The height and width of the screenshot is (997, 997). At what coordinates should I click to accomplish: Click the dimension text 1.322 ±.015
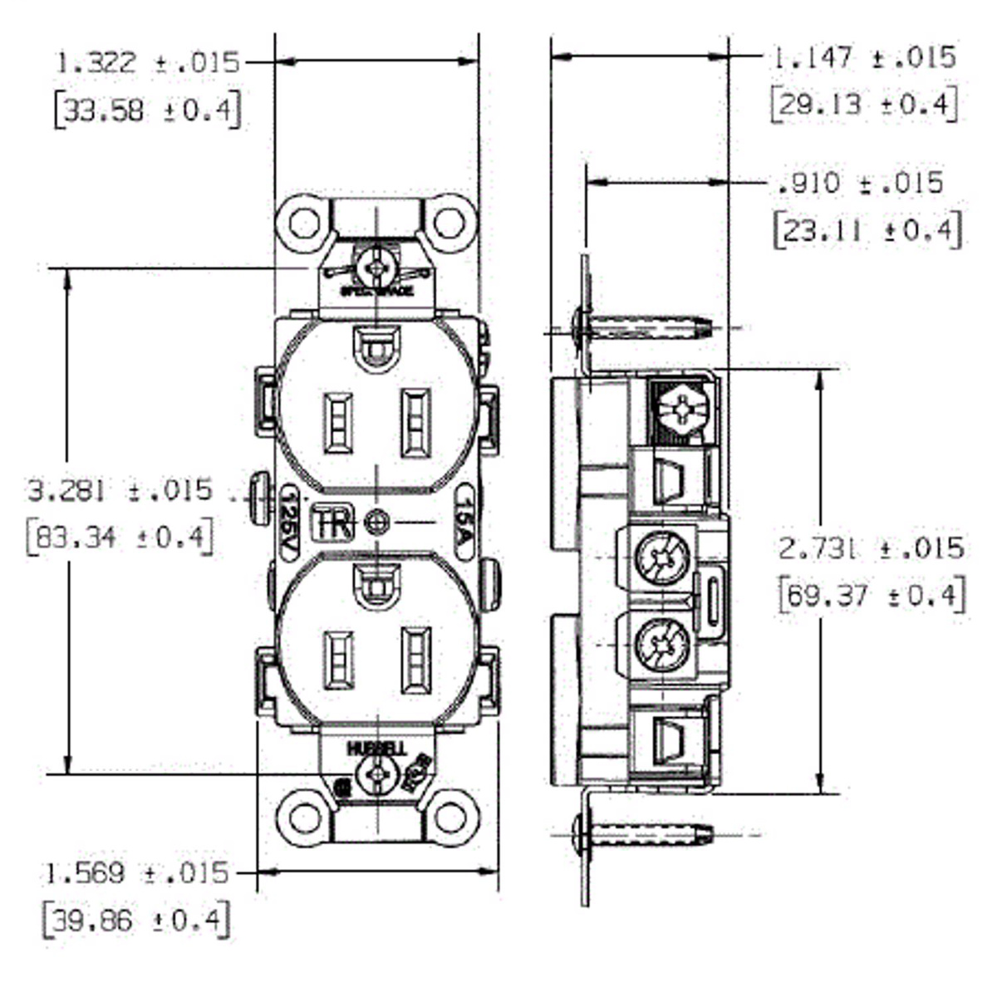pos(148,62)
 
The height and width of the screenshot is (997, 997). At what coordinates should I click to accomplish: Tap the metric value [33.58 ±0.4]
pos(148,110)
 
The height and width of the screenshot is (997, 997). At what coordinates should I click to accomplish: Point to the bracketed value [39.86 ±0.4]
pos(135,920)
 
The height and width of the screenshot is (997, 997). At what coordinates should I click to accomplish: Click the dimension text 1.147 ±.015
pos(864,57)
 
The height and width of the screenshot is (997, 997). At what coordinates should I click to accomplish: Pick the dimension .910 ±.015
pos(861,183)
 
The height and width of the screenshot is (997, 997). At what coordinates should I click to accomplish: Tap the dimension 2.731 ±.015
pos(871,548)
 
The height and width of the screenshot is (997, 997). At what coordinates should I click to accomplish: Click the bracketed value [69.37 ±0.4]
pos(871,596)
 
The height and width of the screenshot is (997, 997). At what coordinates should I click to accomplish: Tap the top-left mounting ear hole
pos(304,223)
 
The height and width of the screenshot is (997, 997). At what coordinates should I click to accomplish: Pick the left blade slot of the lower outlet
pos(339,661)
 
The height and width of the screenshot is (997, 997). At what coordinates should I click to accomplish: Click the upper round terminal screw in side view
pos(661,556)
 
